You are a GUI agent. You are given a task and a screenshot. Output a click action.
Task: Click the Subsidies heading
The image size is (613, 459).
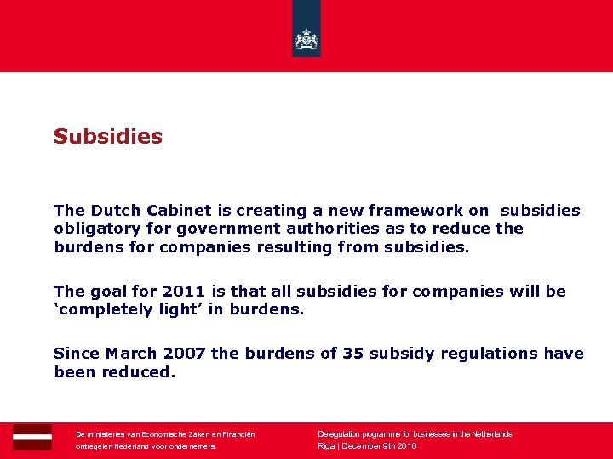pyautogui.click(x=107, y=136)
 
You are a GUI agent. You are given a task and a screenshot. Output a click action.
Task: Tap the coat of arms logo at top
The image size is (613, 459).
pyautogui.click(x=306, y=39)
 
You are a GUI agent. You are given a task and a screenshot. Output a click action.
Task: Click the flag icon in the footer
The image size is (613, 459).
pyautogui.click(x=32, y=436)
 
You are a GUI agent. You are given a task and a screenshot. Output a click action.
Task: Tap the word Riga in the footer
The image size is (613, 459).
pyautogui.click(x=326, y=445)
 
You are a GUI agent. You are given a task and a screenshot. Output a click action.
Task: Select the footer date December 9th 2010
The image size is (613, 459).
pyautogui.click(x=379, y=445)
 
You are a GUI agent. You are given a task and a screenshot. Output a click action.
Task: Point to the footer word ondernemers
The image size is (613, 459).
pyautogui.click(x=193, y=445)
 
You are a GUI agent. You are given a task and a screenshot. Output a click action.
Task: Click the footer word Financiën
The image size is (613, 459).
pyautogui.click(x=236, y=433)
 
